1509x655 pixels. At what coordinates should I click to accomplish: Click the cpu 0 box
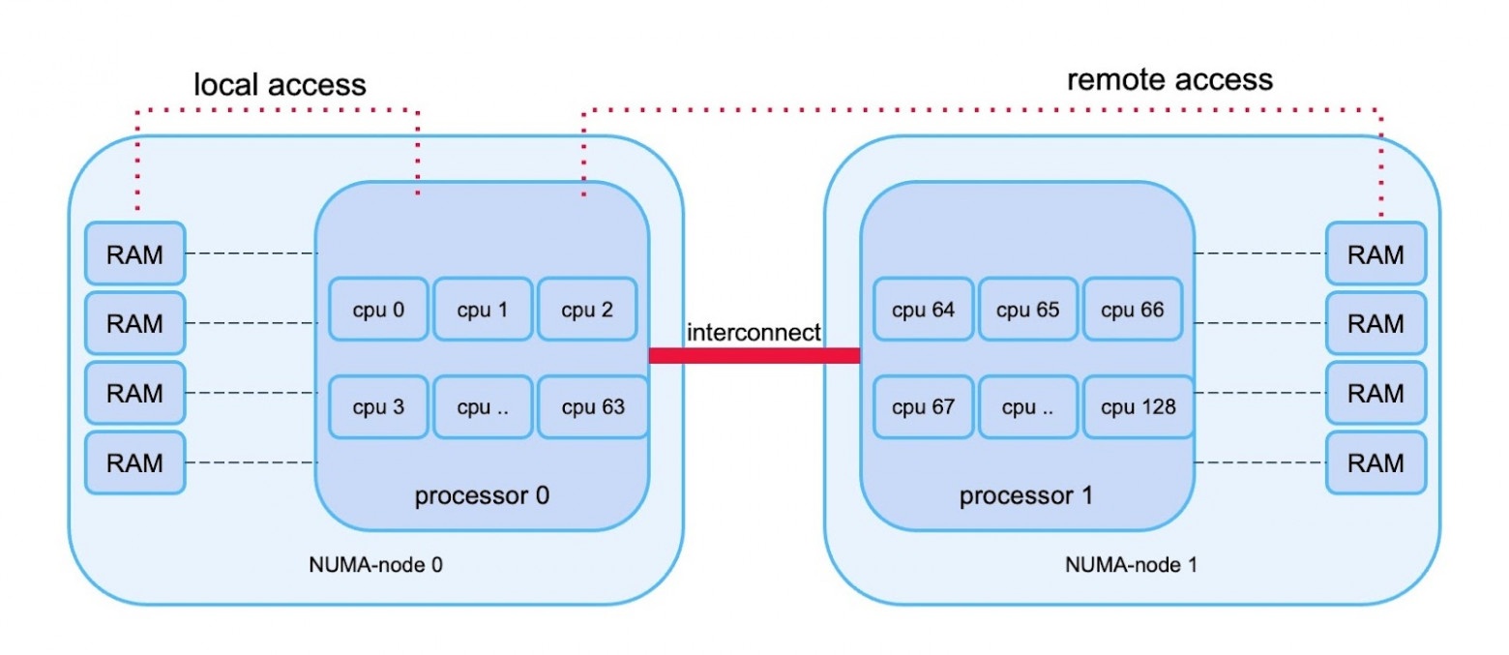pos(378,310)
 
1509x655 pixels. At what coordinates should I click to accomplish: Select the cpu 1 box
pos(483,310)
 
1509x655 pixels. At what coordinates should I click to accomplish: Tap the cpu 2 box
pos(587,310)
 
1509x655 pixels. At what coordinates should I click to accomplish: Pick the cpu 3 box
pos(378,406)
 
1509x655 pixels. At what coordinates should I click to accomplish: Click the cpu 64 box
pos(923,310)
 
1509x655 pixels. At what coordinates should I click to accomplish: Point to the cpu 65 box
pos(1027,310)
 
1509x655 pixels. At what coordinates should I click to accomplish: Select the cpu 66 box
pos(1132,310)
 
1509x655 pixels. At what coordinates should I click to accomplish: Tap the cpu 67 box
pos(923,406)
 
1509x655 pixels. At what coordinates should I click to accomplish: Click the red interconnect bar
pos(754,355)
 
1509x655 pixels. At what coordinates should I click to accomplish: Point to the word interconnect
pos(754,333)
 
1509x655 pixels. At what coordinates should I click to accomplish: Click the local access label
pos(281,85)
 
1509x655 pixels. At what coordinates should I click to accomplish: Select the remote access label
pos(1169,79)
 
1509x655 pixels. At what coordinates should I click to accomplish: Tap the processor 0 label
pos(482,496)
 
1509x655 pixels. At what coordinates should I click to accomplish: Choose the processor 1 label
pos(1026,496)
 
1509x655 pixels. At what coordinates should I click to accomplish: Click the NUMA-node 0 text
pos(376,564)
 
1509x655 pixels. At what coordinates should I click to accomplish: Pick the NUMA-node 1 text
pos(1130,564)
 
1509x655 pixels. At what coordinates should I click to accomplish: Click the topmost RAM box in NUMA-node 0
pos(134,254)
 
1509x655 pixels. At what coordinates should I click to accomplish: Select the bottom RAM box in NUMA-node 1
pos(1376,462)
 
